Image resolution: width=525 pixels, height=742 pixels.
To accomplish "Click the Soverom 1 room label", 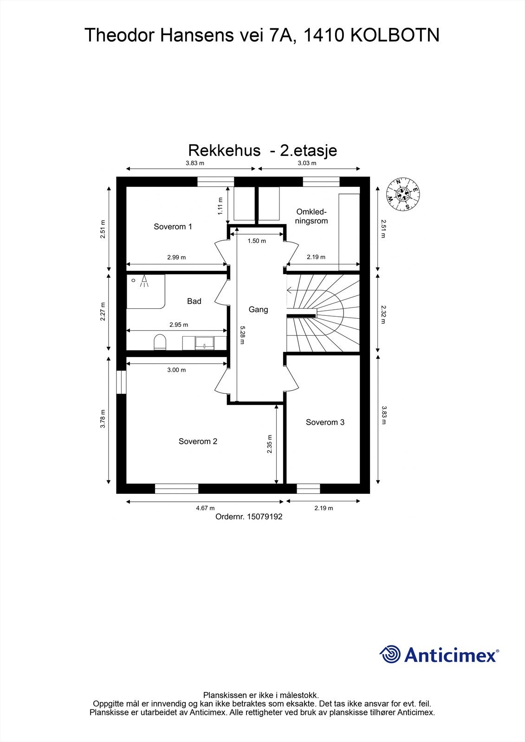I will (173, 227).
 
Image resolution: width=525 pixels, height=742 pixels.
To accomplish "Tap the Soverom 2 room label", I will (198, 441).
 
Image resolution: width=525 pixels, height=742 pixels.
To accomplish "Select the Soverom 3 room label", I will (325, 422).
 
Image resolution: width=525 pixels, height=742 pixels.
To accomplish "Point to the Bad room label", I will (194, 301).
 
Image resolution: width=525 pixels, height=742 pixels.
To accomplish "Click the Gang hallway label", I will (258, 309).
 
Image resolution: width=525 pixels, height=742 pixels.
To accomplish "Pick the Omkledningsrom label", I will (312, 217).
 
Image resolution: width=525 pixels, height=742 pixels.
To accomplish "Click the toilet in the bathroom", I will (160, 342).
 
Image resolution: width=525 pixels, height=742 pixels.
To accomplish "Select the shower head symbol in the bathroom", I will (144, 281).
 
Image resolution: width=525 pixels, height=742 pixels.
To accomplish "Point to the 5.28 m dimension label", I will (242, 335).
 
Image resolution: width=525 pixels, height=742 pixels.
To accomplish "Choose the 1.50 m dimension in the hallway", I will (257, 241).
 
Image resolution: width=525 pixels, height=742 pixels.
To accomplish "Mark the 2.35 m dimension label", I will (270, 444).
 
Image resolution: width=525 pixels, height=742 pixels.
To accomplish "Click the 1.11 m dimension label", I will (220, 206).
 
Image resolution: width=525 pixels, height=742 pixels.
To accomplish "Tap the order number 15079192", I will (249, 517).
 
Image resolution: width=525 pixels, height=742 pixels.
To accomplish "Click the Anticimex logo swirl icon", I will (390, 654).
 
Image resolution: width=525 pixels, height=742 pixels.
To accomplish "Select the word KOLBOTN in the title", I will (395, 35).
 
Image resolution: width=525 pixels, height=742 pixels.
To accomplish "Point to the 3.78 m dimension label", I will (103, 419).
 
